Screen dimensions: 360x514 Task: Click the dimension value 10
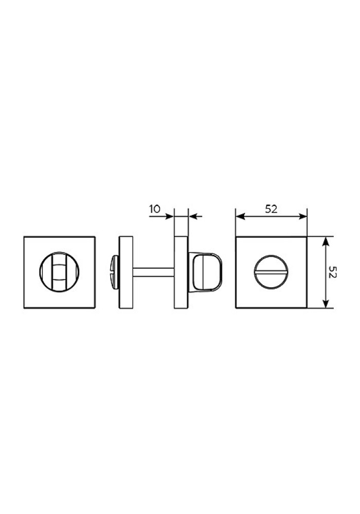click(155, 209)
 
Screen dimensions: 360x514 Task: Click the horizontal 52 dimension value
click(271, 209)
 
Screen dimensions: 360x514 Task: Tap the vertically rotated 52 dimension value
click(332, 272)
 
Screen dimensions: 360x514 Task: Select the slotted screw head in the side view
click(115, 272)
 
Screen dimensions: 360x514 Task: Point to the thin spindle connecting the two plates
click(153, 272)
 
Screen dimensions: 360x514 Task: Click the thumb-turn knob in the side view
click(205, 272)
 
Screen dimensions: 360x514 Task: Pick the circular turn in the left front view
click(59, 272)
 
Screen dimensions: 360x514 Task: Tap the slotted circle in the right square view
click(271, 272)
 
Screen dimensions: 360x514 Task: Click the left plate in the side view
click(126, 272)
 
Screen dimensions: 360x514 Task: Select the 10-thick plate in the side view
click(182, 272)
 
